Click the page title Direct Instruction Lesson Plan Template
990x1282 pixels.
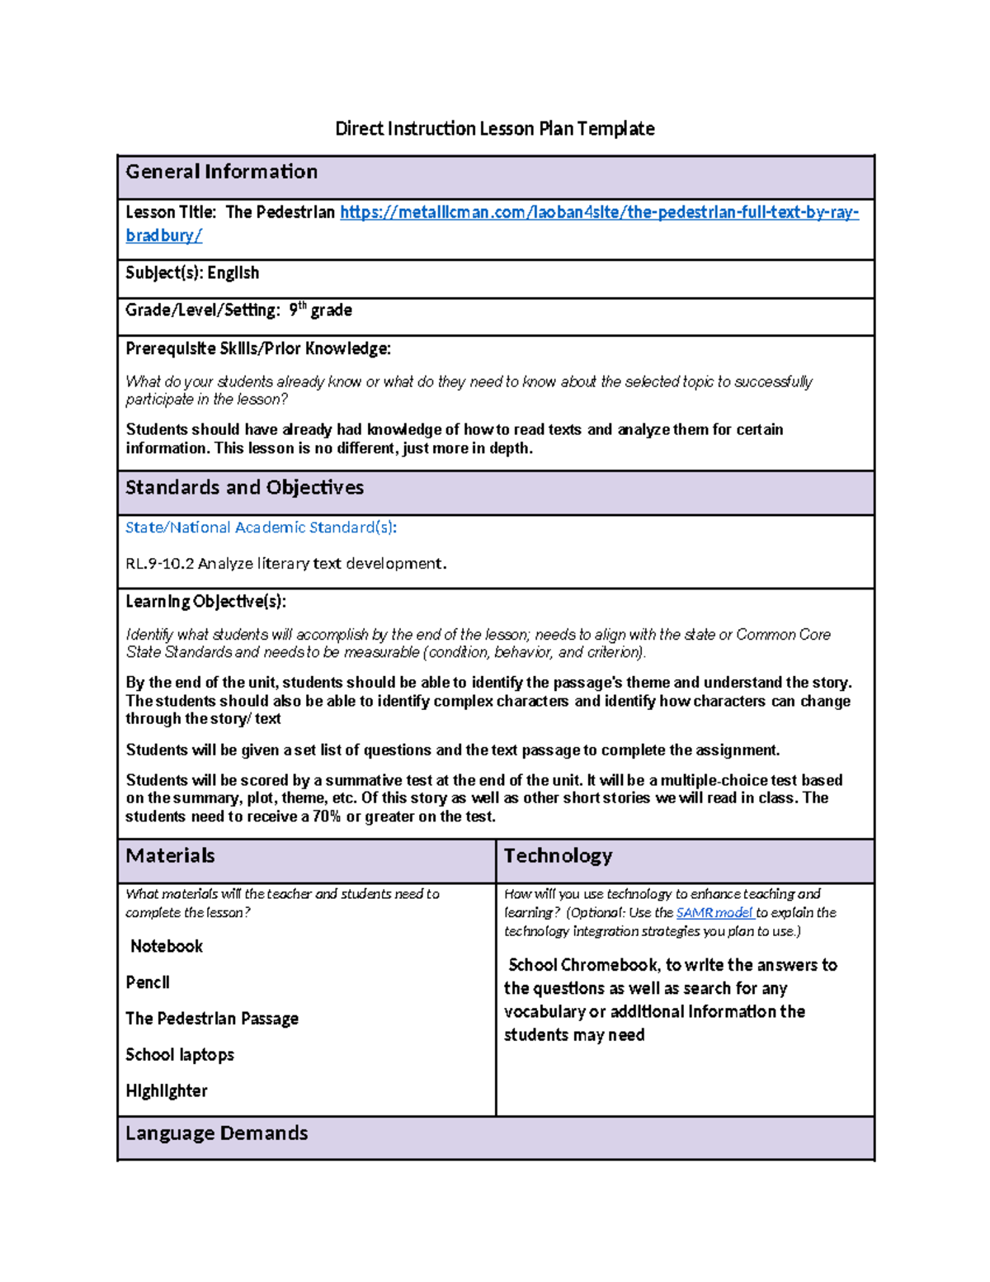(x=494, y=129)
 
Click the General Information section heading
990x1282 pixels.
(x=221, y=172)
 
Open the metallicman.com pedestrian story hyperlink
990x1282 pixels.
(x=598, y=213)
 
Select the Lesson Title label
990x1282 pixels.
(x=171, y=213)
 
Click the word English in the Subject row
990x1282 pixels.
(x=233, y=273)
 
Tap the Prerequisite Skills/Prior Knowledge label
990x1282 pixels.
(x=257, y=348)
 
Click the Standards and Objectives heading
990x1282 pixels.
(x=244, y=488)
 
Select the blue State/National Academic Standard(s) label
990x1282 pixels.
(x=261, y=527)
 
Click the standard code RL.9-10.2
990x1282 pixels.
(x=159, y=564)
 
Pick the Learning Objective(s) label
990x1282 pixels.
(x=205, y=602)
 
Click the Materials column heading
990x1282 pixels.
(x=170, y=856)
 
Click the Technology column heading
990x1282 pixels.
(x=558, y=856)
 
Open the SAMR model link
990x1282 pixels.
(x=714, y=913)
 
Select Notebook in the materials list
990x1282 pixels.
(x=167, y=947)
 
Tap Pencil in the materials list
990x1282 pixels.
(x=148, y=982)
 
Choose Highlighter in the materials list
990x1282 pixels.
(x=167, y=1091)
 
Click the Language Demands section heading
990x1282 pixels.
(x=216, y=1133)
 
